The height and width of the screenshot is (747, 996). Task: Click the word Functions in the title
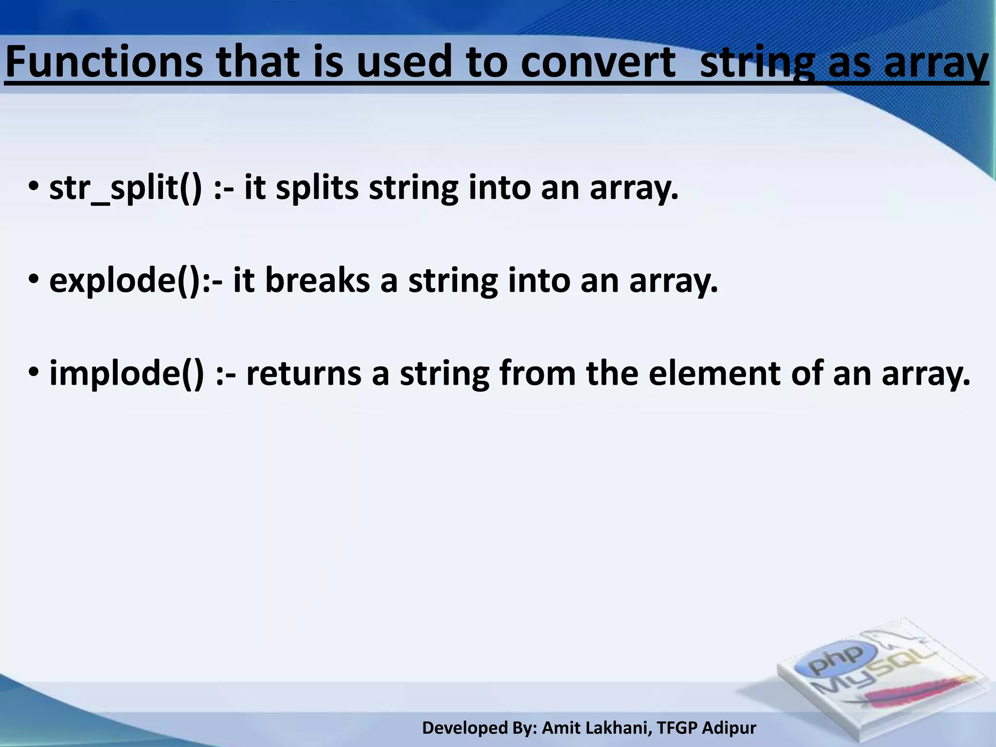click(103, 62)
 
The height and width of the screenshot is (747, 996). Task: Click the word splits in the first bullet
click(317, 189)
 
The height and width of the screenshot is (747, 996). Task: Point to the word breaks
click(317, 281)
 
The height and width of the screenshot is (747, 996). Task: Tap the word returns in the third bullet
click(303, 374)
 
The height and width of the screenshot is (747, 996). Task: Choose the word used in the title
click(405, 62)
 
